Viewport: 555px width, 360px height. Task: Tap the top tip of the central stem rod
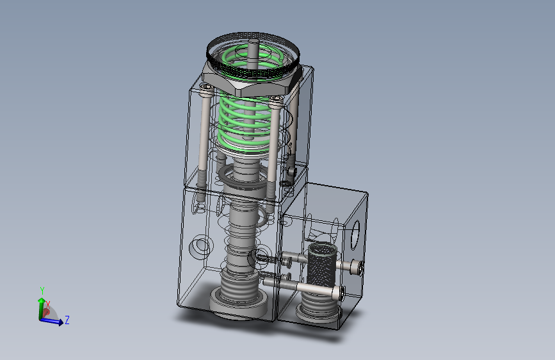[253, 41]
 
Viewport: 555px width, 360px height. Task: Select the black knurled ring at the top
[253, 53]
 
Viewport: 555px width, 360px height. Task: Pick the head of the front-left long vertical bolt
[206, 88]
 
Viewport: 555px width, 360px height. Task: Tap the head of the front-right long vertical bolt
[277, 99]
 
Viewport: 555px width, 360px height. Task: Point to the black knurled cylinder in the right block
[321, 265]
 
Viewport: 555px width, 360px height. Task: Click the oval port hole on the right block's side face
[355, 234]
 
